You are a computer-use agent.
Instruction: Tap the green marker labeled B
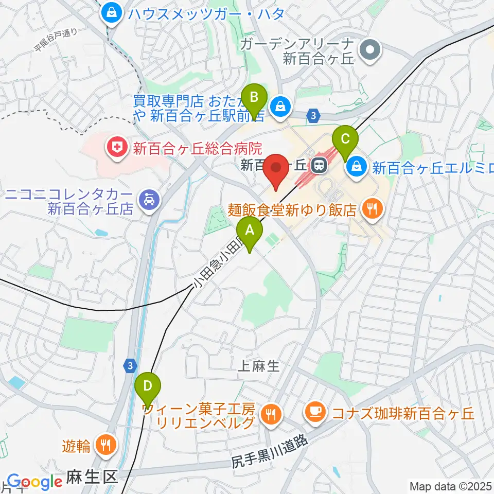(254, 97)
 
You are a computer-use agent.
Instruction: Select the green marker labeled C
(345, 139)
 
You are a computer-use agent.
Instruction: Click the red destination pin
(276, 169)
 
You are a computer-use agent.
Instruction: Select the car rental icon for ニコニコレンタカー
(149, 198)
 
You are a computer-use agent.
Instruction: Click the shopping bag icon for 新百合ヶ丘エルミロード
(356, 166)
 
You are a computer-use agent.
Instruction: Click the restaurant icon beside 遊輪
(106, 445)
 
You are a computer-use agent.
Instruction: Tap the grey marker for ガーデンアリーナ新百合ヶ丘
(370, 50)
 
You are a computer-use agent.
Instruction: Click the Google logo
(34, 482)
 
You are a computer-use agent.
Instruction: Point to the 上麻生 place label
(259, 366)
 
